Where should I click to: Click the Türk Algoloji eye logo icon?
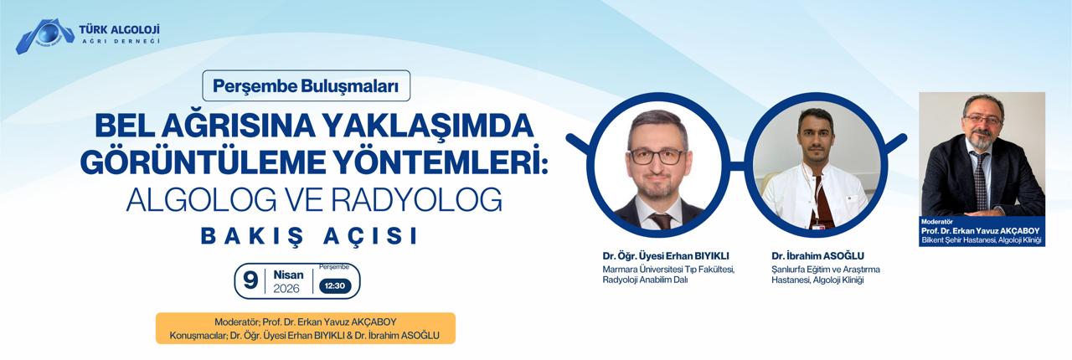[44, 36]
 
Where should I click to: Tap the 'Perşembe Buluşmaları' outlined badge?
[306, 85]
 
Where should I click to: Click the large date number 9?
[250, 281]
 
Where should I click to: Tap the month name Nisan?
[287, 274]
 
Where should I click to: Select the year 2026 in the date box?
[287, 289]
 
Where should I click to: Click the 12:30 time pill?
[334, 285]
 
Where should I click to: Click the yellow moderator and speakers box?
[306, 328]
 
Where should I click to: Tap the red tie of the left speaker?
[661, 220]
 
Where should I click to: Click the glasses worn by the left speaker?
[657, 156]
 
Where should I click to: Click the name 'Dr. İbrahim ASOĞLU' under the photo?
[819, 255]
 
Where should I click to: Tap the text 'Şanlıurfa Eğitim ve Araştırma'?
[826, 269]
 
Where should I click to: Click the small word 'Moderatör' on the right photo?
[937, 223]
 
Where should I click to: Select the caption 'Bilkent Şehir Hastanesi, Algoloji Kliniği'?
[981, 241]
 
